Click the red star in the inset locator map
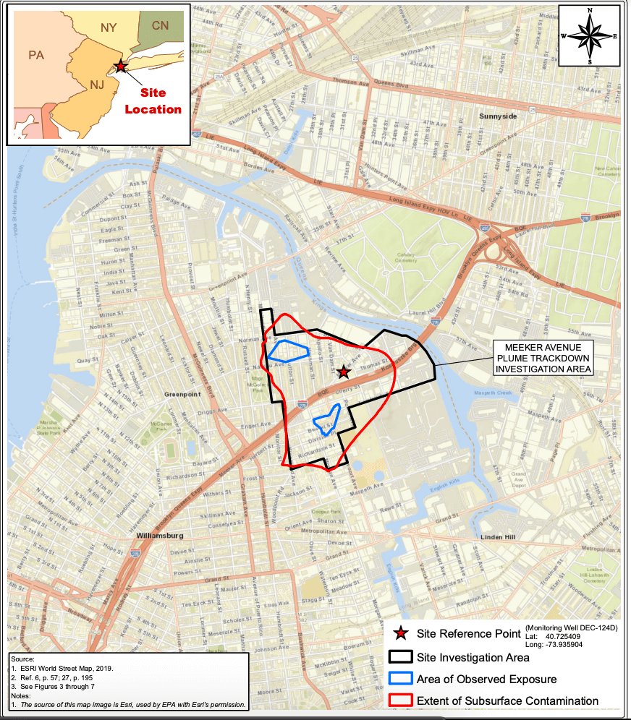coord(120,67)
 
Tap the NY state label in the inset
coord(109,27)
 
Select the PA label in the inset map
coord(36,55)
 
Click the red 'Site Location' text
coord(153,101)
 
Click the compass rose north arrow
coord(590,35)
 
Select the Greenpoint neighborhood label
coord(181,395)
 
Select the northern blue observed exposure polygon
coord(287,351)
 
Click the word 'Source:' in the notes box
coord(23,660)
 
